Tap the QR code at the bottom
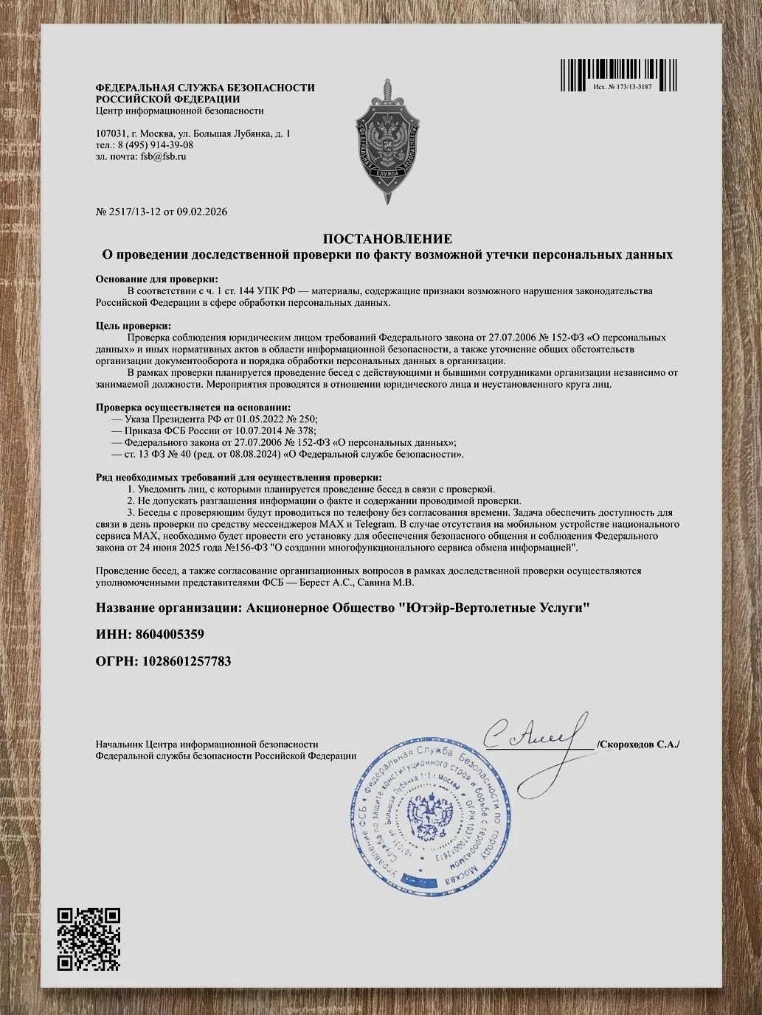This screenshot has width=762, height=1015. point(89,938)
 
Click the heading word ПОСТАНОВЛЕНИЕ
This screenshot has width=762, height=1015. point(387,239)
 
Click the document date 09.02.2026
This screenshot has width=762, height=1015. point(201,212)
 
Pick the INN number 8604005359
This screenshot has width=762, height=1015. point(167,634)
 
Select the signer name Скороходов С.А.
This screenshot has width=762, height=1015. point(639,744)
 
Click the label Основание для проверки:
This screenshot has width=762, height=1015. point(157,279)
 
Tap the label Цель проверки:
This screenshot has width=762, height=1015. point(134,326)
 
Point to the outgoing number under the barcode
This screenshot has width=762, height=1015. point(622,87)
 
